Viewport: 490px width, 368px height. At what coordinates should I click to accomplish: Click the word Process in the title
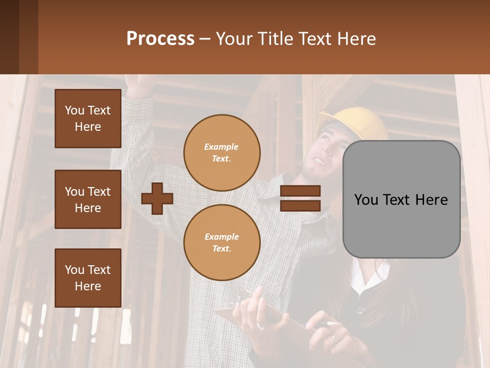pyautogui.click(x=160, y=39)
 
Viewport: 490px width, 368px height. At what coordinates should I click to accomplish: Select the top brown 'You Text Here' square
pyautogui.click(x=88, y=119)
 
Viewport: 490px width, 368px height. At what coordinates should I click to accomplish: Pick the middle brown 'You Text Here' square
pyautogui.click(x=88, y=199)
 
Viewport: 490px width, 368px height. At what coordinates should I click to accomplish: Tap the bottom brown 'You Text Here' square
pyautogui.click(x=88, y=278)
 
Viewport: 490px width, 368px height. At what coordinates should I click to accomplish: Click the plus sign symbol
pyautogui.click(x=157, y=199)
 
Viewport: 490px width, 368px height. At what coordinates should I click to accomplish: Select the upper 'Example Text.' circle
pyautogui.click(x=222, y=153)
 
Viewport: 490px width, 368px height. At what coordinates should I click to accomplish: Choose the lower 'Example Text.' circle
pyautogui.click(x=222, y=243)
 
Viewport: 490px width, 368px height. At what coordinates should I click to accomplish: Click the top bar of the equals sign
pyautogui.click(x=301, y=191)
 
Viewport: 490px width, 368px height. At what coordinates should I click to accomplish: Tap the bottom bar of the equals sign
pyautogui.click(x=301, y=205)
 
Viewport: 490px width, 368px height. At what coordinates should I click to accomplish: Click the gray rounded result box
pyautogui.click(x=401, y=199)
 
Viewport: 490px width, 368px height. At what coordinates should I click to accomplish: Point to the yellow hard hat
pyautogui.click(x=352, y=123)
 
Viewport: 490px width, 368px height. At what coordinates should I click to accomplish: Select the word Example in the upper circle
pyautogui.click(x=222, y=147)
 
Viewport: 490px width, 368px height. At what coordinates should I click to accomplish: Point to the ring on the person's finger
pyautogui.click(x=333, y=337)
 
